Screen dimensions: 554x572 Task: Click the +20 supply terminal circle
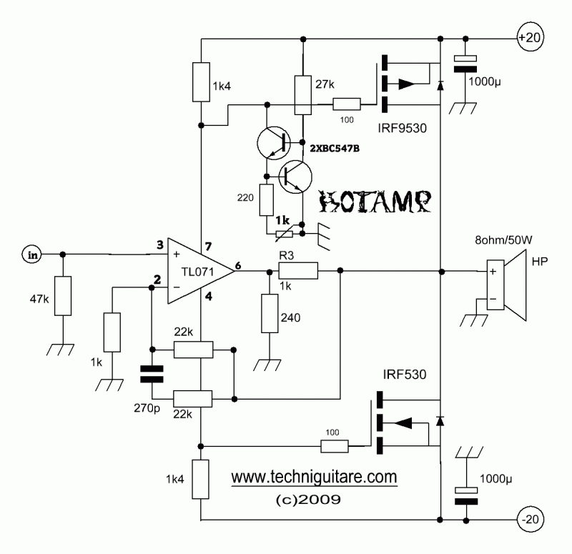(529, 38)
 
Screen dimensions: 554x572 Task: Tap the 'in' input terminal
(32, 254)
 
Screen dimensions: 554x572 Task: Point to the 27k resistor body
(302, 95)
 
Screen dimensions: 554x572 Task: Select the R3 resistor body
(297, 271)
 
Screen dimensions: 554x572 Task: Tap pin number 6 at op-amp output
(238, 265)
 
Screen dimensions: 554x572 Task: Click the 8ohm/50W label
(503, 240)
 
